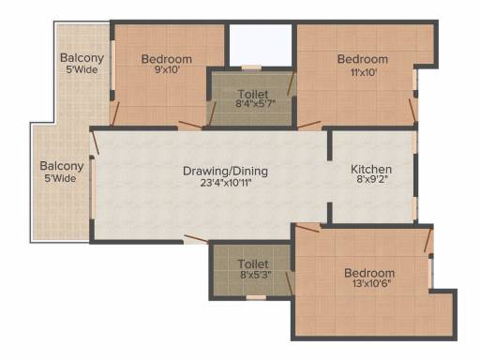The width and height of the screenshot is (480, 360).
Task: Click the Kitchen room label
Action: coord(371,170)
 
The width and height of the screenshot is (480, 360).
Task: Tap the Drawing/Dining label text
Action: coord(225,172)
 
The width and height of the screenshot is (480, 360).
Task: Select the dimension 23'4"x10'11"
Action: coord(226,183)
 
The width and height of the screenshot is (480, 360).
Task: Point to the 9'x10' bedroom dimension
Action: coord(167,69)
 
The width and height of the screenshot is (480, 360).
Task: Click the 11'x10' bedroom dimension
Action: coord(364,72)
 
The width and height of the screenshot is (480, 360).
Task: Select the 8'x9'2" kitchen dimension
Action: coord(372,179)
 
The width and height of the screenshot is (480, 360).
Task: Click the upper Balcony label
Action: coord(82,58)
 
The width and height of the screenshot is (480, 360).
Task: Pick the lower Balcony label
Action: coord(62,166)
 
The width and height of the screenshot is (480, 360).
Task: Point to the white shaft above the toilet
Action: coord(261,45)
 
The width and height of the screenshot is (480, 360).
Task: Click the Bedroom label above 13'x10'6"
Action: coord(369,273)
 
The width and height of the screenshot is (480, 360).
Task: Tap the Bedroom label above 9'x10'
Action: coord(167,59)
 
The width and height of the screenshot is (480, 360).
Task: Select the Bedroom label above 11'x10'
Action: coord(363,59)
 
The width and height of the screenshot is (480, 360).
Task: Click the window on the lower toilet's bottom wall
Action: coord(256,297)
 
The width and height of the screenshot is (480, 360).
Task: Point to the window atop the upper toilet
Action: coord(251,67)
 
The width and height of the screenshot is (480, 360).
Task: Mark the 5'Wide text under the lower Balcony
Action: coord(60,179)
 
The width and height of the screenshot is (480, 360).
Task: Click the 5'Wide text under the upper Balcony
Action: coord(82,69)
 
